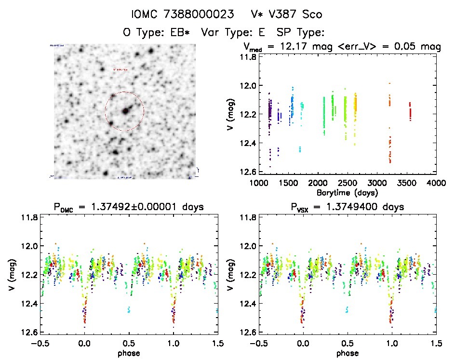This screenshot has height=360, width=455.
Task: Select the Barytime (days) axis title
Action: tap(347, 192)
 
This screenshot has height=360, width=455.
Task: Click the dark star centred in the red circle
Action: tap(125, 111)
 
